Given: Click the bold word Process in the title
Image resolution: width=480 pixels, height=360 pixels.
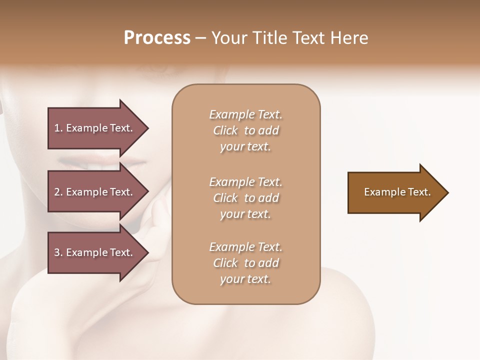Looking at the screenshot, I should pyautogui.click(x=157, y=38).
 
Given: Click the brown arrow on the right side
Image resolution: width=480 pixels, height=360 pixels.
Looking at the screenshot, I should pyautogui.click(x=395, y=192).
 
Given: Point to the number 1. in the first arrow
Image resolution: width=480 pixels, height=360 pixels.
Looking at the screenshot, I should pyautogui.click(x=58, y=128).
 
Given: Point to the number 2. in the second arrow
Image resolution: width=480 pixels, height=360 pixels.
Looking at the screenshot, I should pyautogui.click(x=58, y=192).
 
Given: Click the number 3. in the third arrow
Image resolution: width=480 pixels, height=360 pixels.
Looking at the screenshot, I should pyautogui.click(x=58, y=252).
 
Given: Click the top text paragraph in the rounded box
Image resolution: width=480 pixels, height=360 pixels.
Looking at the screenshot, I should pyautogui.click(x=245, y=130).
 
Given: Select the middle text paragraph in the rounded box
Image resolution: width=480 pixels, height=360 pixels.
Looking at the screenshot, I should pyautogui.click(x=245, y=198).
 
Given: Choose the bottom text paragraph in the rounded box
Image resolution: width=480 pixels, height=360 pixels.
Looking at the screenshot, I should pyautogui.click(x=245, y=263).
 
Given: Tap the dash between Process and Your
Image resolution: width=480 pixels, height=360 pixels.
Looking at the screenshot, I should pyautogui.click(x=201, y=38).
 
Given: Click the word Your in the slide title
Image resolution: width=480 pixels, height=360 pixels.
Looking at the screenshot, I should pyautogui.click(x=229, y=38).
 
